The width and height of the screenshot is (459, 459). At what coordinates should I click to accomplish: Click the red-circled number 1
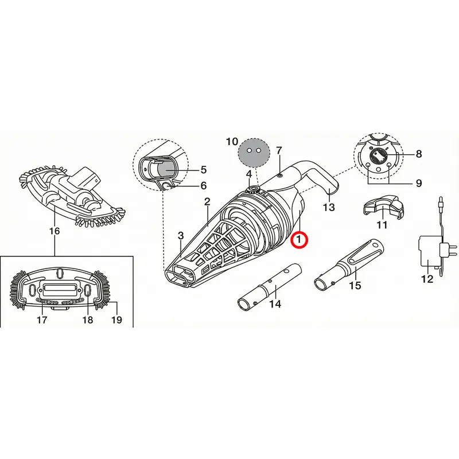pos(298,239)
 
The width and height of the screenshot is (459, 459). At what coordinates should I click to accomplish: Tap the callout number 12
pos(427,279)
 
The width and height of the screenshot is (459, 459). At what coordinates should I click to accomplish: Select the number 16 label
pos(55,231)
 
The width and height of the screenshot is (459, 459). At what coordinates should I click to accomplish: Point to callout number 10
pos(232,142)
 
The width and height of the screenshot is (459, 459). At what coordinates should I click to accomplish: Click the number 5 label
pos(204,170)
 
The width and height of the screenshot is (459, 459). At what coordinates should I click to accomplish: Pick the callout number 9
pos(419,183)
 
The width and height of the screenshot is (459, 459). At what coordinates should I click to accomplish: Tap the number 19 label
pos(116,320)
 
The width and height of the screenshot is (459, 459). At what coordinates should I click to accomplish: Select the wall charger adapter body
pos(429,251)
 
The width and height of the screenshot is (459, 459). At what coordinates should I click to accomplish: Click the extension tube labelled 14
pos(269,288)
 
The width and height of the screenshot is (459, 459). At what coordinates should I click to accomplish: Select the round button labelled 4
pos(253,189)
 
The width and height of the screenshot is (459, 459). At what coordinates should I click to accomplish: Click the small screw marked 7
pos(280,175)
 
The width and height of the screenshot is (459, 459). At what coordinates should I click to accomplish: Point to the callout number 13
pos(328,207)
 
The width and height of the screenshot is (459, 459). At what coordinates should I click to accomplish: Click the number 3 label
pos(181,235)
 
